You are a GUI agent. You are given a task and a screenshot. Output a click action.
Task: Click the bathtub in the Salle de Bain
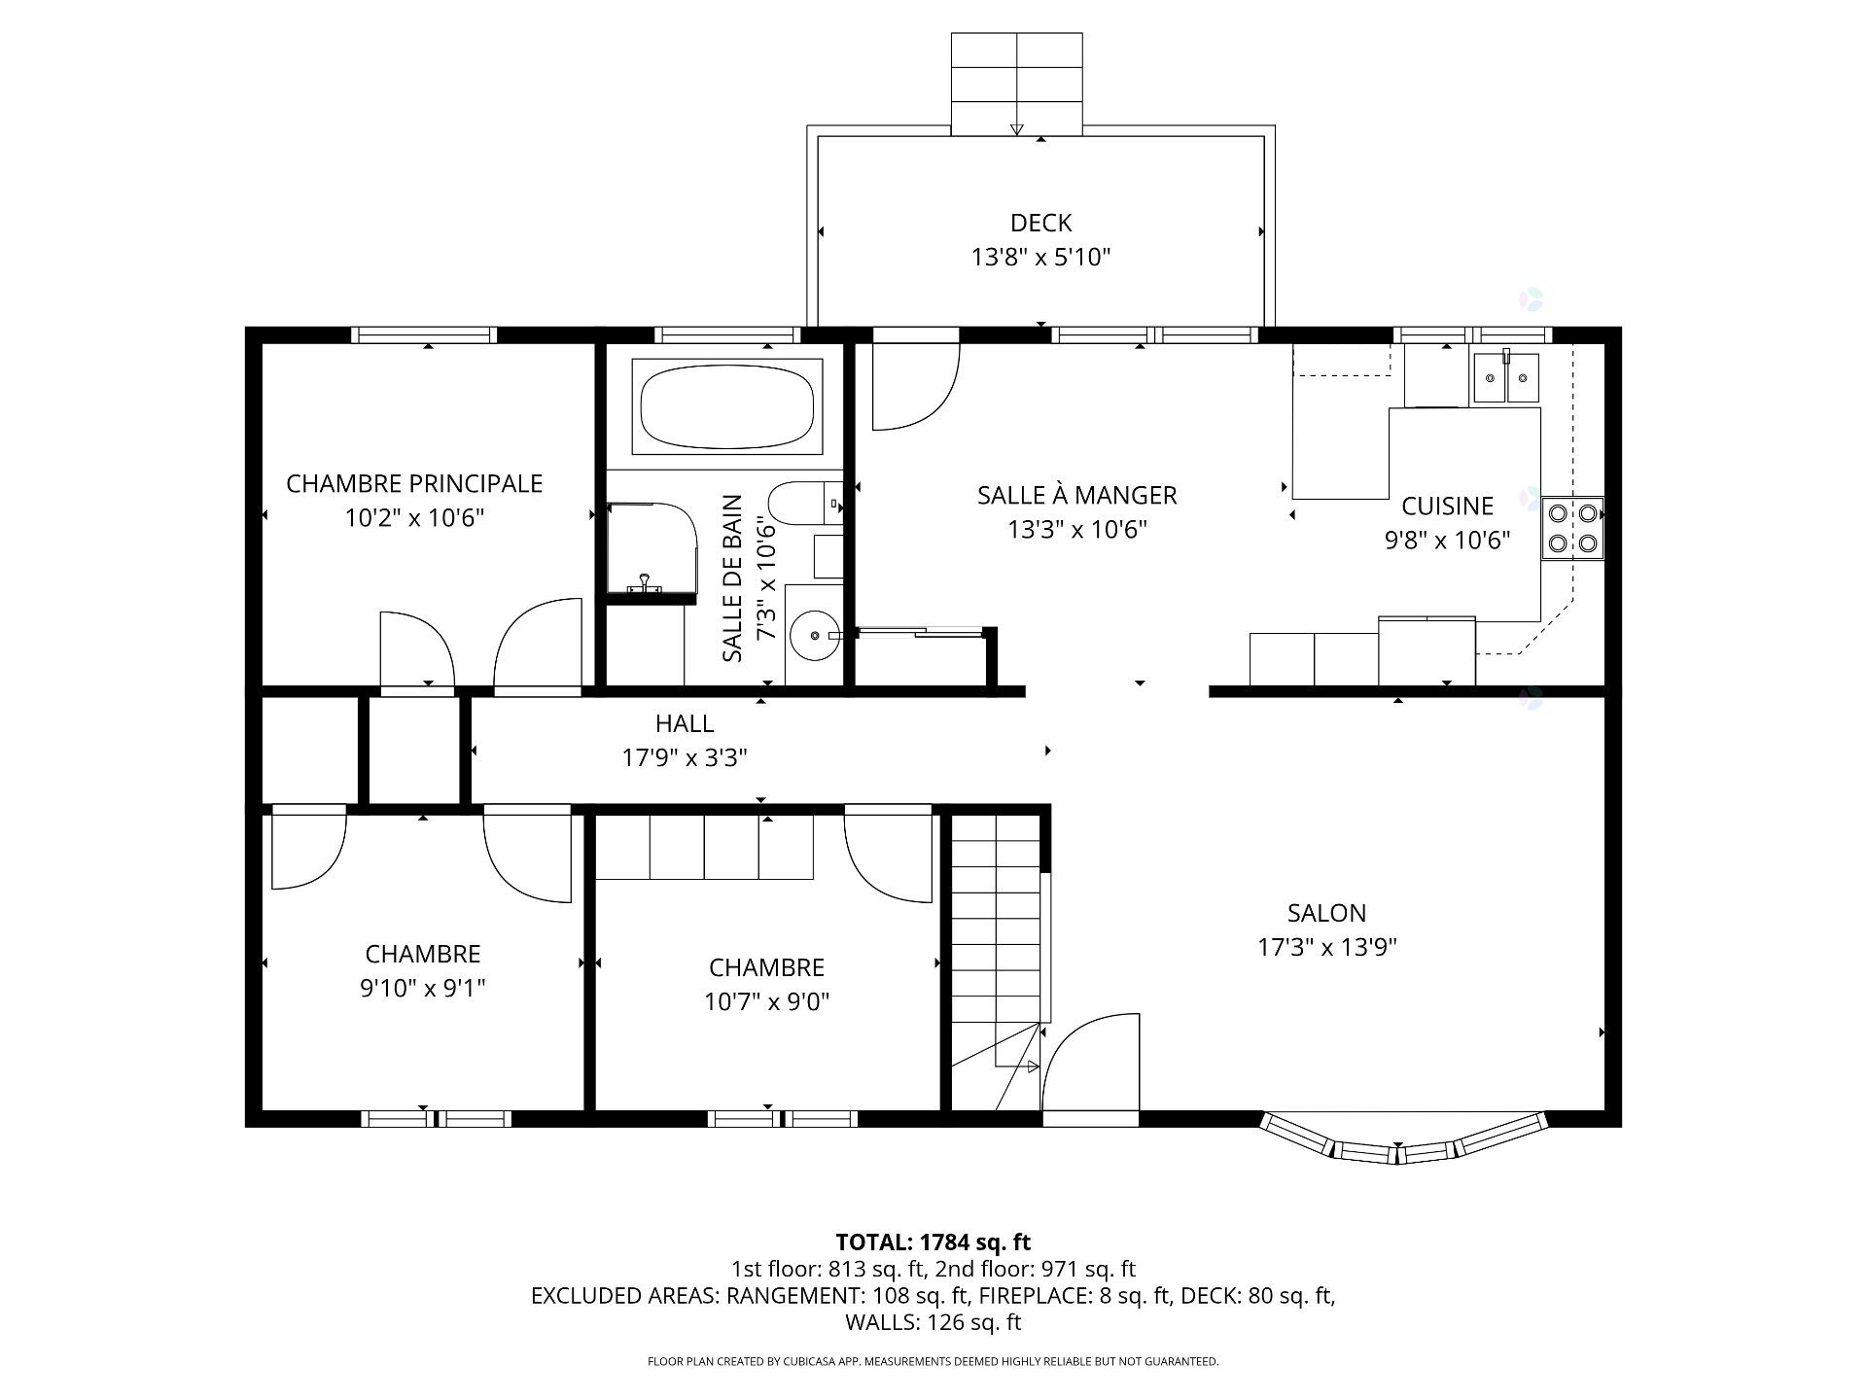(726, 406)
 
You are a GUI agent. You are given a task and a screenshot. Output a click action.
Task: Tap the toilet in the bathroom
(797, 504)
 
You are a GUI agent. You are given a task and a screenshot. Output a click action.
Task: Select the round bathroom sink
(814, 636)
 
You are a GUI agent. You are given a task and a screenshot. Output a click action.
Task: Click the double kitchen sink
(1506, 378)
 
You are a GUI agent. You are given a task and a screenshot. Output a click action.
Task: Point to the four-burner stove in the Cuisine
(1572, 528)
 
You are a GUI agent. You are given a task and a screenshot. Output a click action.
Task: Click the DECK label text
(1040, 223)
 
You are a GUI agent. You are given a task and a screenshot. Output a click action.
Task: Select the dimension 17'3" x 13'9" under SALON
(1327, 947)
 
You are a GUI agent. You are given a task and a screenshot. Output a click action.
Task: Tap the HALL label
(685, 723)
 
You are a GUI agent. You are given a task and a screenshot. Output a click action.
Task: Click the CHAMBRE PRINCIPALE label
(414, 483)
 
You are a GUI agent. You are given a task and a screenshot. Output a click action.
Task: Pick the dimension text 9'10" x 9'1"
(422, 988)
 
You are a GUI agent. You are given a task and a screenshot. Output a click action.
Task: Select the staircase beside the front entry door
(997, 953)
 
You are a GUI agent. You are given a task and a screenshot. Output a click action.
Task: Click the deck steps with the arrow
(1016, 84)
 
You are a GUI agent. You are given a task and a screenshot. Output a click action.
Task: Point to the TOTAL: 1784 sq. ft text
(933, 1242)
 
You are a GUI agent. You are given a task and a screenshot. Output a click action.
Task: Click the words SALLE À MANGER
(1076, 495)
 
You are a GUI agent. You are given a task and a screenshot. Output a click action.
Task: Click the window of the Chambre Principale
(424, 335)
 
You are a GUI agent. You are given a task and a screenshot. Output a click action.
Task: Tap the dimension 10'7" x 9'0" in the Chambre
(766, 1001)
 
